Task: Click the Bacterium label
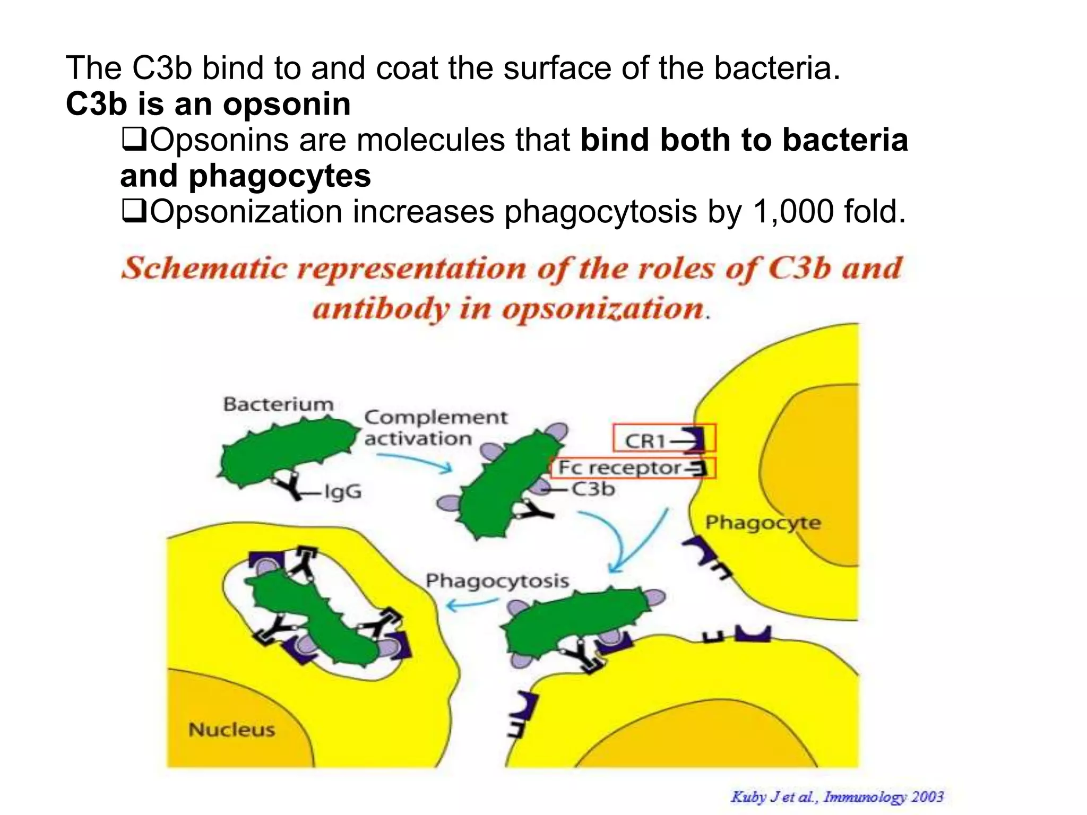pos(278,404)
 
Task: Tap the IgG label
pos(343,492)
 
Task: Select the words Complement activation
pos(435,428)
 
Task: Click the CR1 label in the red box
pos(645,440)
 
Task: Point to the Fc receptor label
pos(619,468)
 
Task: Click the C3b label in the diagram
pos(593,489)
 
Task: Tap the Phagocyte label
pos(763,523)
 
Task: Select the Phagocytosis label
pos(497,580)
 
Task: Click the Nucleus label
pos(232,730)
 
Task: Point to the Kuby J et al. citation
pos(837,796)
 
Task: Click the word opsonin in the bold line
pos(287,104)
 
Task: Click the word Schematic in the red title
pos(204,268)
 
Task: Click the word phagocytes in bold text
pos(280,176)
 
